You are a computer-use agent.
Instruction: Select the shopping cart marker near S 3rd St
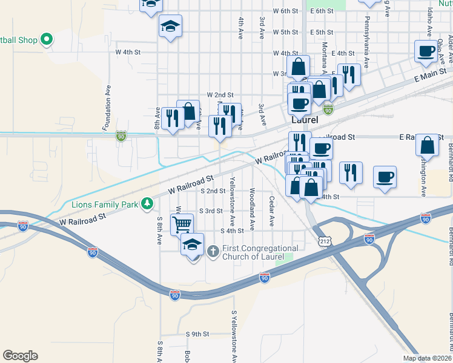tap(182, 224)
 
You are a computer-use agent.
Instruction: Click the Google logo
tap(20, 356)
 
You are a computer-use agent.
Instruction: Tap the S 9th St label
tap(197, 334)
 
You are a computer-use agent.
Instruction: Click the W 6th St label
tap(286, 11)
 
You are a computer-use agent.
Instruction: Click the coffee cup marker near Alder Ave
tap(426, 51)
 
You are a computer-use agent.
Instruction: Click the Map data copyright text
tap(427, 358)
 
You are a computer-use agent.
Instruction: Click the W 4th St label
tap(128, 53)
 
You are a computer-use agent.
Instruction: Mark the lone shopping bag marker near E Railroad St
tap(428, 145)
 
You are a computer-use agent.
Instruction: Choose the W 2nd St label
tap(220, 95)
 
